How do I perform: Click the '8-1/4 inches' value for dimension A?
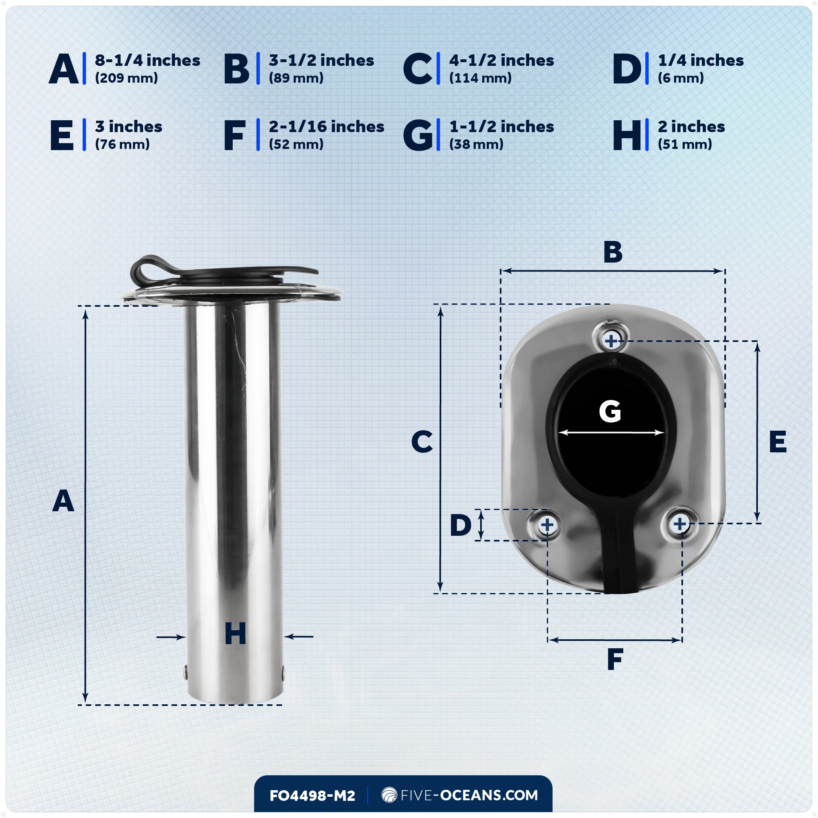pyautogui.click(x=147, y=60)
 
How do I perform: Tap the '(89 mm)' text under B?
pyautogui.click(x=296, y=78)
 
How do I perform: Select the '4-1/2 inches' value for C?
pyautogui.click(x=501, y=60)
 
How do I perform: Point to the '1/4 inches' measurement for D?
pyautogui.click(x=700, y=60)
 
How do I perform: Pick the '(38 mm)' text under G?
pyautogui.click(x=476, y=144)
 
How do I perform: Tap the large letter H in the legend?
pyautogui.click(x=627, y=135)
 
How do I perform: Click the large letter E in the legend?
pyautogui.click(x=62, y=135)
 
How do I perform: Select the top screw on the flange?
pyautogui.click(x=611, y=340)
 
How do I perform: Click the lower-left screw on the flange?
pyautogui.click(x=546, y=525)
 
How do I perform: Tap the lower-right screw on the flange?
pyautogui.click(x=679, y=524)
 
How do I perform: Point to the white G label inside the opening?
pyautogui.click(x=610, y=411)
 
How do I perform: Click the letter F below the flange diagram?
pyautogui.click(x=615, y=659)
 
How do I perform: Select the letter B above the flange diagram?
pyautogui.click(x=613, y=252)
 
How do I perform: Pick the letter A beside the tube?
pyautogui.click(x=63, y=501)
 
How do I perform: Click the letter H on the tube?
pyautogui.click(x=235, y=634)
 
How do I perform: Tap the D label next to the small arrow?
pyautogui.click(x=460, y=525)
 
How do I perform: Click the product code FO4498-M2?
pyautogui.click(x=312, y=796)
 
